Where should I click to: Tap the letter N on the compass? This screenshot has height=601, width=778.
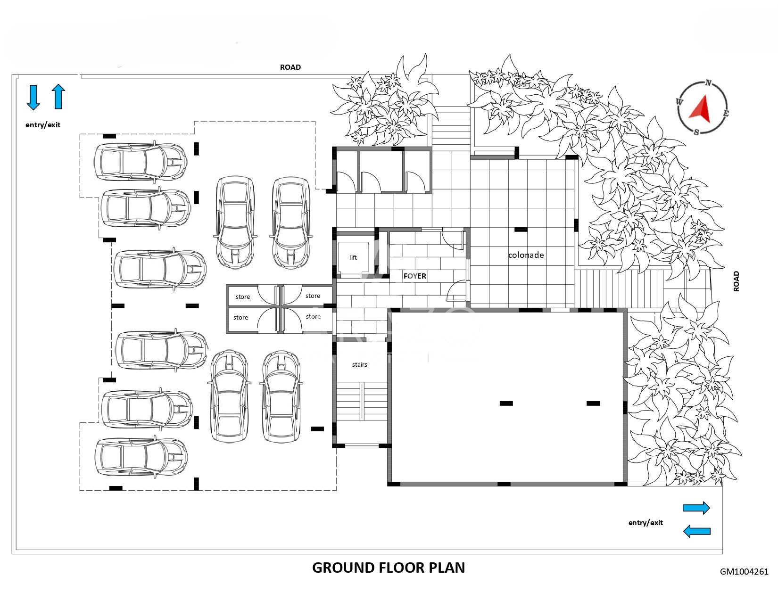[708, 83]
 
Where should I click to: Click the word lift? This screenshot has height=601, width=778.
[353, 257]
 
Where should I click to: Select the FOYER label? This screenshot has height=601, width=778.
[415, 276]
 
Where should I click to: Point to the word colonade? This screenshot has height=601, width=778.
[526, 255]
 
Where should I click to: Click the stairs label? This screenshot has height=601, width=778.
[359, 364]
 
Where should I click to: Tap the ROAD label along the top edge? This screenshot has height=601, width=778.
[290, 67]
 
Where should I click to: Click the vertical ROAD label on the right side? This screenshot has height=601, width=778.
[736, 281]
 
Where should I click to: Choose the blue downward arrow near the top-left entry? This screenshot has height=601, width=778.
[33, 98]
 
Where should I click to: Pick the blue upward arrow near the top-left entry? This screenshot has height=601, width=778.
[58, 96]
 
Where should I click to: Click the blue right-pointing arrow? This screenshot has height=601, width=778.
[696, 508]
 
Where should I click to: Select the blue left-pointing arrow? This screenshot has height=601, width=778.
[697, 531]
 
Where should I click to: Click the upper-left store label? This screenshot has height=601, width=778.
[243, 297]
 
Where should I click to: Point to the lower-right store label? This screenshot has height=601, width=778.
[313, 316]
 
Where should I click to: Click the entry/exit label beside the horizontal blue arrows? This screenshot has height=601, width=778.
[646, 523]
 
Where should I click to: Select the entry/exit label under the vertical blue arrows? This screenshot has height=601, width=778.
[43, 125]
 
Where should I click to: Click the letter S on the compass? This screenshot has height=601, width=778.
[696, 132]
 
